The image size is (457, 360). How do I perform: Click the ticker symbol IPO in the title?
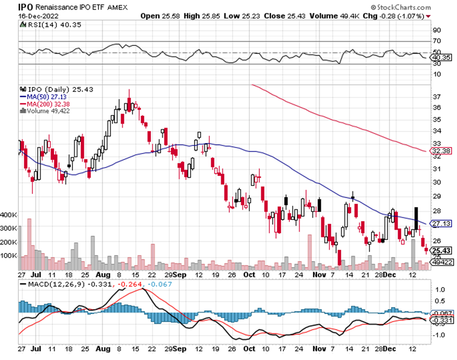click(x=25, y=7)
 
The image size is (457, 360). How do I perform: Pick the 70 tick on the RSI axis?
click(x=435, y=41)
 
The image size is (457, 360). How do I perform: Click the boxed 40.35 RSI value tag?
click(x=439, y=57)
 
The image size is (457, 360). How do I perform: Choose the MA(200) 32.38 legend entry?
click(x=48, y=103)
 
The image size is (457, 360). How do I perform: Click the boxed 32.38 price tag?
click(x=439, y=152)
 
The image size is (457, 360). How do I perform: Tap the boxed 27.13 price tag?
click(x=439, y=223)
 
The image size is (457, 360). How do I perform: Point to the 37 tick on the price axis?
click(x=435, y=97)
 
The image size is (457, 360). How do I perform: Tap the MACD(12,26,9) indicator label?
click(x=51, y=283)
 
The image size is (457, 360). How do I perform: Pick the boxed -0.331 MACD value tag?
click(x=441, y=321)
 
